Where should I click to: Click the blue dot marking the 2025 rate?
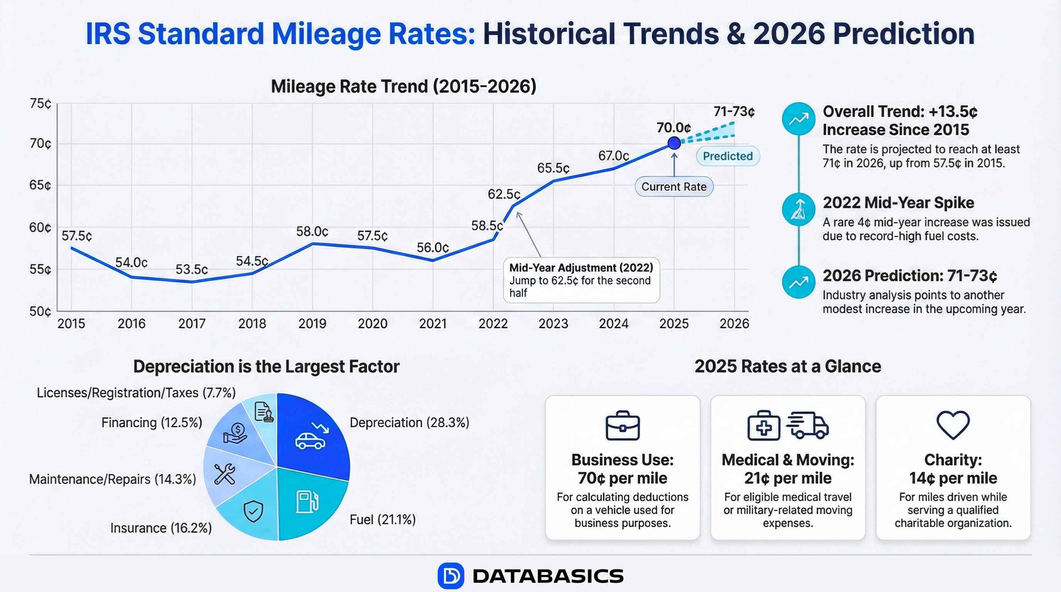[x=674, y=143]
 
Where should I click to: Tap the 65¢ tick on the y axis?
[x=40, y=185]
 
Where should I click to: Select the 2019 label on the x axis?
[x=312, y=324]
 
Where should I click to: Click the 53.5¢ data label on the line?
[x=192, y=270]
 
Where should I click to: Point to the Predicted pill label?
[x=728, y=156]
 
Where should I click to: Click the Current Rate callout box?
[x=674, y=187]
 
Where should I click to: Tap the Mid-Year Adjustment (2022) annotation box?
[x=581, y=280]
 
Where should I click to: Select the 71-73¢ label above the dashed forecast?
[x=734, y=111]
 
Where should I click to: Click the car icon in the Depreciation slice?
[x=310, y=441]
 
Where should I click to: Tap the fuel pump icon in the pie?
[x=307, y=501]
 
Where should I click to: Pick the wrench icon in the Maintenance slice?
[x=225, y=473]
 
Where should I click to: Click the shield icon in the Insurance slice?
[x=253, y=511]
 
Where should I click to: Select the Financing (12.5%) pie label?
[x=152, y=422]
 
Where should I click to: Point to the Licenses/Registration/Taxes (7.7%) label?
[x=136, y=393]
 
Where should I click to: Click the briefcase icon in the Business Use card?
[x=622, y=425]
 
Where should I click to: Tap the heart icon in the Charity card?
[x=953, y=425]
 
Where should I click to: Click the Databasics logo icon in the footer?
[x=451, y=575]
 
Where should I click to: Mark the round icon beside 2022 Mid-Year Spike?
[x=798, y=209]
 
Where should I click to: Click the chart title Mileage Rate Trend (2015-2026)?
[x=403, y=86]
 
